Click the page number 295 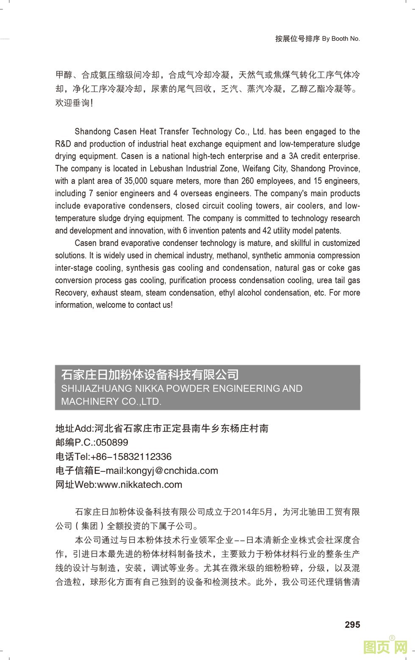[352, 624]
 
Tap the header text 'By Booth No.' [341, 39]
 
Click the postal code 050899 [112, 443]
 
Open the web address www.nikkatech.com [140, 485]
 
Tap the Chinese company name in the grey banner [150, 375]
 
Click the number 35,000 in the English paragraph [136, 181]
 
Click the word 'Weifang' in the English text [256, 169]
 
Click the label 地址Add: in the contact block [75, 429]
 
